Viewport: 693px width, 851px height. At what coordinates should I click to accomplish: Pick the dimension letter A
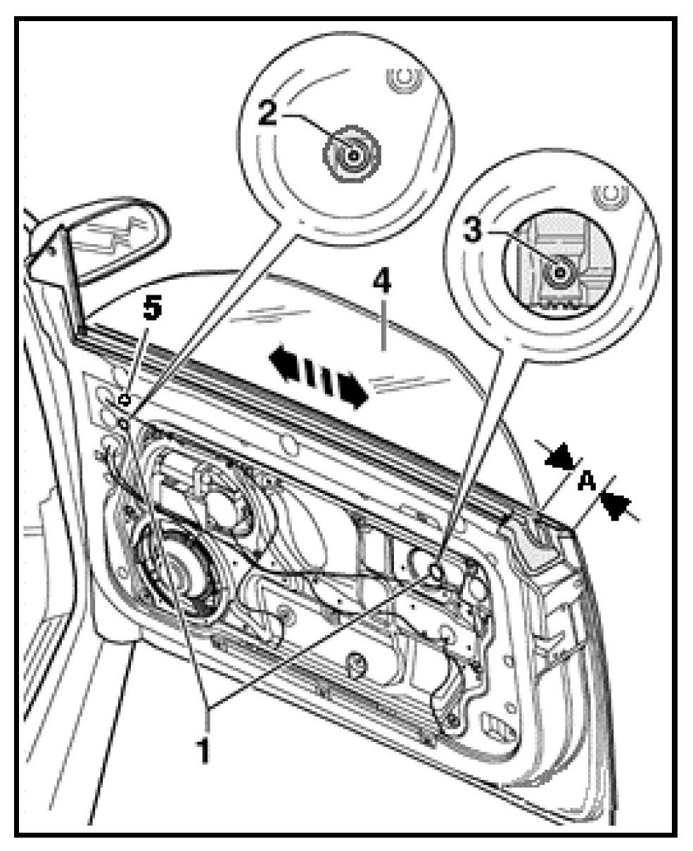click(x=586, y=482)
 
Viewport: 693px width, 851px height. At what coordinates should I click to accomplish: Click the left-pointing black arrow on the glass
click(x=284, y=364)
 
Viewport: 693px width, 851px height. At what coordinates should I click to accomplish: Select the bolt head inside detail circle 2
click(x=352, y=153)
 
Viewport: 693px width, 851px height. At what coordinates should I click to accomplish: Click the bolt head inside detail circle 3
click(x=560, y=273)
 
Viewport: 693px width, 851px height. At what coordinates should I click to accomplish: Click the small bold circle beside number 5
click(x=125, y=401)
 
